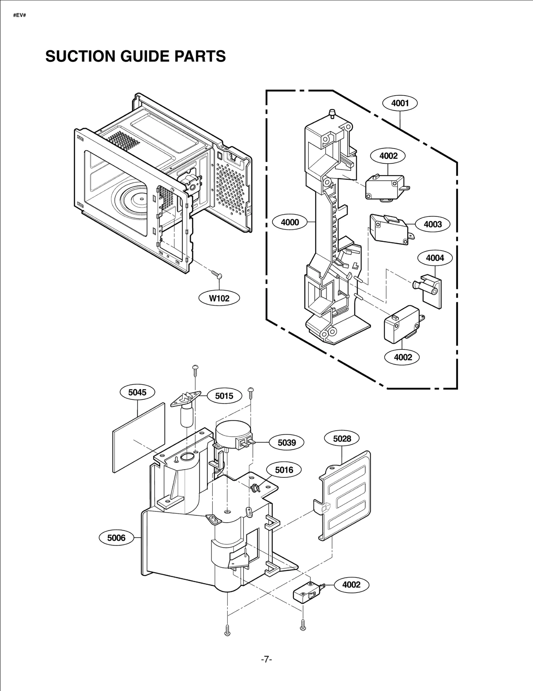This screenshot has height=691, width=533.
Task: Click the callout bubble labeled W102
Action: click(219, 298)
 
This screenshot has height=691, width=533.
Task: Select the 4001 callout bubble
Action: click(400, 103)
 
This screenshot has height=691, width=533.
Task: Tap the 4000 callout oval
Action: click(290, 222)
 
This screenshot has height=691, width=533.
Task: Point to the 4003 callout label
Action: click(432, 224)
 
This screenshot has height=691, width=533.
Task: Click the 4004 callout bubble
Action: click(435, 258)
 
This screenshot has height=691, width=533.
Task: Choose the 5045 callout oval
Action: click(137, 392)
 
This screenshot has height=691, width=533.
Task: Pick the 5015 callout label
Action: click(224, 396)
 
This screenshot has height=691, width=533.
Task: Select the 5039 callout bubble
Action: click(286, 442)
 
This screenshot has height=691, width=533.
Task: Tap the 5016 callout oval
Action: click(284, 470)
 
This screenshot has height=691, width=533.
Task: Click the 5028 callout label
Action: click(342, 439)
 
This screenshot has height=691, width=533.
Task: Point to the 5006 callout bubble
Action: click(116, 538)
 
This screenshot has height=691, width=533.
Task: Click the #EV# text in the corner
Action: click(20, 16)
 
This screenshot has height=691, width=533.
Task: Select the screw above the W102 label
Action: click(217, 274)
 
